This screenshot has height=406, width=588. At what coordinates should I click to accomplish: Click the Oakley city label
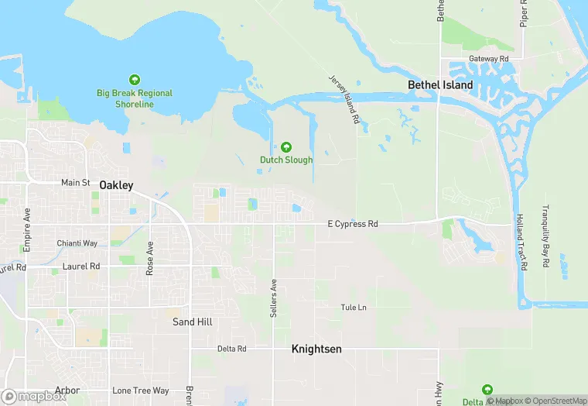click(116, 185)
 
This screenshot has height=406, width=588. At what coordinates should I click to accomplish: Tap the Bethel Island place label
click(440, 84)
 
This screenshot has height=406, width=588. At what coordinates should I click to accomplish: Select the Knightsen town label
click(316, 349)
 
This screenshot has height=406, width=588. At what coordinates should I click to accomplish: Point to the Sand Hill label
click(193, 322)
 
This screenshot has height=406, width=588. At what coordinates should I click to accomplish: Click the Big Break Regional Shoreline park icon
click(135, 80)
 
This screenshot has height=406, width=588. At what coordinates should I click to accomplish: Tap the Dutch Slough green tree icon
click(286, 146)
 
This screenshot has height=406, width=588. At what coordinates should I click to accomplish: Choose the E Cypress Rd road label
click(353, 224)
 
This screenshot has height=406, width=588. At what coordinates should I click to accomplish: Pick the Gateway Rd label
click(489, 59)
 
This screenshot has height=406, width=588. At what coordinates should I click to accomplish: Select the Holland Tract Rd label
click(523, 242)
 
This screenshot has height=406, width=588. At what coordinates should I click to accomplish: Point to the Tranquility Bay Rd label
click(546, 230)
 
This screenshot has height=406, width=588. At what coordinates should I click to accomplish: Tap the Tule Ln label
click(354, 308)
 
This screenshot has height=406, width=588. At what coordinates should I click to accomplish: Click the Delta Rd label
click(231, 349)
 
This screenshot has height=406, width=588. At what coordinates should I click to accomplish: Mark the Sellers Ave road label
click(273, 298)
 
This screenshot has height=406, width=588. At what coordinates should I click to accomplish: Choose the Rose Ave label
click(150, 258)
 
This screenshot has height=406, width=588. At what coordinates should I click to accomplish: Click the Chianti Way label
click(77, 243)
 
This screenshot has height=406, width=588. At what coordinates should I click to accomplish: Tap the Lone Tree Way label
click(140, 391)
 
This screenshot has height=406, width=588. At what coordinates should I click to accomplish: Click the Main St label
click(76, 183)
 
